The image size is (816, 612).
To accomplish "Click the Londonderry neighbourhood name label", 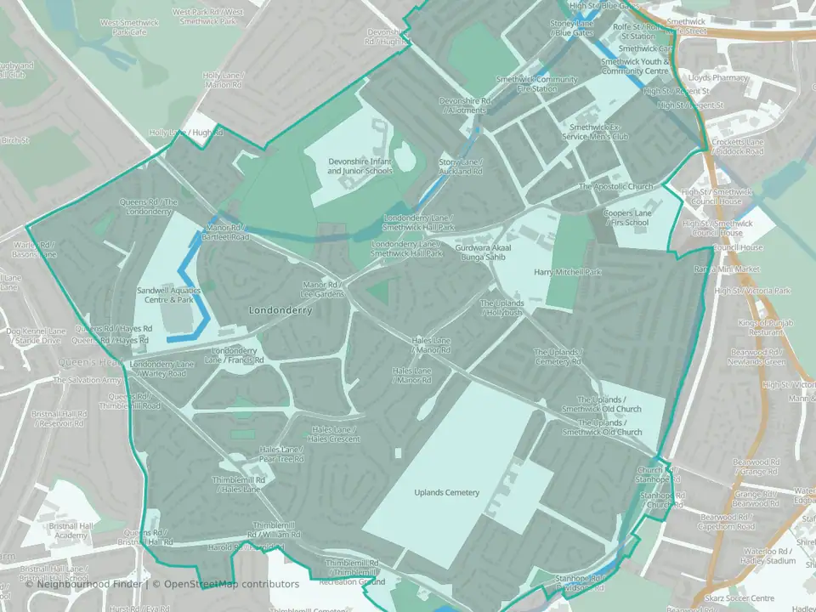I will click(x=280, y=311).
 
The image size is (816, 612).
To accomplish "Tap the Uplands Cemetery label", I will click(x=447, y=493).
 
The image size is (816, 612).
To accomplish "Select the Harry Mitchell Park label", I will click(x=568, y=273).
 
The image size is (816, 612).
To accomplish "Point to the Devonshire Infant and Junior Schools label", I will click(x=360, y=166).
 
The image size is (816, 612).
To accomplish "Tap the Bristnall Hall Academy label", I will click(x=59, y=530).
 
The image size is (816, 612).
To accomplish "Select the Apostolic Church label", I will click(x=616, y=187).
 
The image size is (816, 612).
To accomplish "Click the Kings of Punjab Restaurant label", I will click(x=760, y=327).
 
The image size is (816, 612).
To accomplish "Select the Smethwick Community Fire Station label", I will click(x=525, y=84).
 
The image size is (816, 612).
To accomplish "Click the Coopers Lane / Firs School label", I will click(x=626, y=218).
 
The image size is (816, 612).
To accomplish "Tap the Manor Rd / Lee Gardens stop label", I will click(x=321, y=289).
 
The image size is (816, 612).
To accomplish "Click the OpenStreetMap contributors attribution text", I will click(x=231, y=584).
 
